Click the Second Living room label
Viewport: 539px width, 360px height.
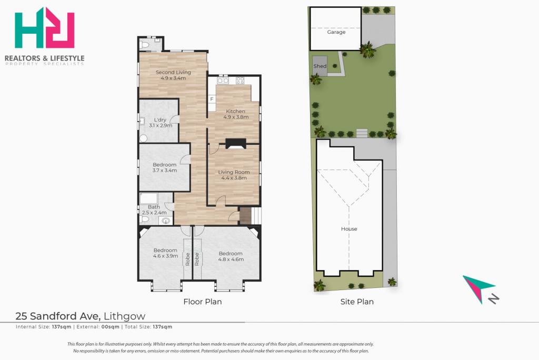(x=173, y=75)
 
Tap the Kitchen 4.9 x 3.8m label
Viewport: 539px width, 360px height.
(x=236, y=114)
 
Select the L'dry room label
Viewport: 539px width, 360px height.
(x=161, y=123)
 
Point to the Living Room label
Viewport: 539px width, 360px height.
(x=234, y=175)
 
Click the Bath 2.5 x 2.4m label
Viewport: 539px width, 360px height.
(x=154, y=210)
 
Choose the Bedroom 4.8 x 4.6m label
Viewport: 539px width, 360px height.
(x=231, y=256)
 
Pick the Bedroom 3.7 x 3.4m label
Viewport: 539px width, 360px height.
(x=165, y=167)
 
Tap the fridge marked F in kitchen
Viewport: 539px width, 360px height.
(x=212, y=99)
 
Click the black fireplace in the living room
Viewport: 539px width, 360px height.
(x=236, y=143)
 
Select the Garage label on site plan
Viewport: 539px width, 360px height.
(x=336, y=32)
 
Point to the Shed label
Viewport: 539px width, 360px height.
(x=320, y=66)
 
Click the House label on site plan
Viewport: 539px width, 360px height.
(x=349, y=228)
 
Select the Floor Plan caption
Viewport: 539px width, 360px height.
(x=203, y=302)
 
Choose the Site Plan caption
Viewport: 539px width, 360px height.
(x=357, y=302)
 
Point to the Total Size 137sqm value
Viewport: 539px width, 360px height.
(x=163, y=327)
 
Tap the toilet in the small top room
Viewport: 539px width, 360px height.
(x=145, y=45)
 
